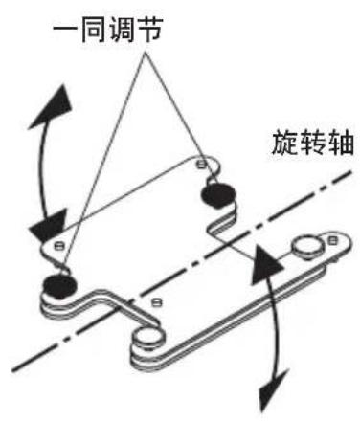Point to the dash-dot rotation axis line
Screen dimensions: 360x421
[191, 268]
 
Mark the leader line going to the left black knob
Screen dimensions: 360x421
[101, 163]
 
